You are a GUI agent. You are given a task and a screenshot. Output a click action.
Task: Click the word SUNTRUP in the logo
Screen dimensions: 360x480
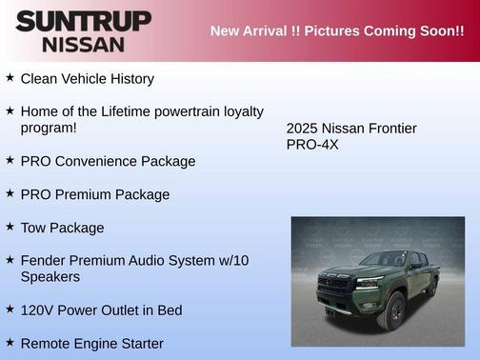pyautogui.click(x=83, y=20)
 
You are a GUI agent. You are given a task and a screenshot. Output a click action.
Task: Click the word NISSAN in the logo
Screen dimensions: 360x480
pyautogui.click(x=83, y=43)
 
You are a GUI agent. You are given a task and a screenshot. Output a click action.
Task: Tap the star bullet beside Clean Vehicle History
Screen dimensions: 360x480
pyautogui.click(x=10, y=77)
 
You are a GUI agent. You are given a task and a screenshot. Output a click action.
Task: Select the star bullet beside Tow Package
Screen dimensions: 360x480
pyautogui.click(x=10, y=227)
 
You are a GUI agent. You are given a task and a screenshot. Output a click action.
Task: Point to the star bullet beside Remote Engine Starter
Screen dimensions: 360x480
pyautogui.click(x=10, y=342)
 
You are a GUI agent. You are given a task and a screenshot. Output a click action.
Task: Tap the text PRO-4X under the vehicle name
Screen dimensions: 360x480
pyautogui.click(x=312, y=145)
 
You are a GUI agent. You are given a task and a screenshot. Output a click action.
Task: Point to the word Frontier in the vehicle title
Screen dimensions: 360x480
pyautogui.click(x=390, y=128)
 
